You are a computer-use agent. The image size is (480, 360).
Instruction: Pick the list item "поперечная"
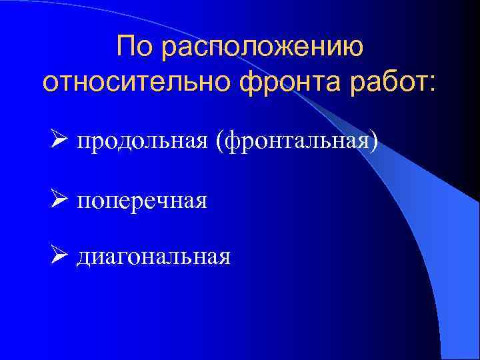[x=143, y=201]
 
